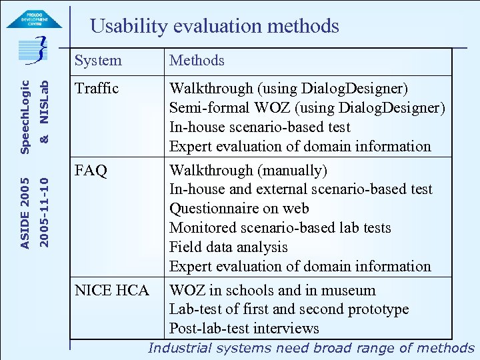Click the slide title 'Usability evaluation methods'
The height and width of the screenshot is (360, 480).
pos(215,27)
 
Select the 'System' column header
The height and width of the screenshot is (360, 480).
pos(98,61)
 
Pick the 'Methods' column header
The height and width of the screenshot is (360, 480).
pos(197,61)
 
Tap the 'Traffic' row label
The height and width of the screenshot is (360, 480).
pos(97,89)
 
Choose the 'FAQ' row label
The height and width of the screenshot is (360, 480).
pos(91,171)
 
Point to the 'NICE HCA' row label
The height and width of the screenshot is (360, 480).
pos(112,291)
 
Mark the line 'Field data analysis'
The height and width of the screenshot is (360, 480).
pos(229,247)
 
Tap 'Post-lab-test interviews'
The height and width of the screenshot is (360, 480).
pos(244,329)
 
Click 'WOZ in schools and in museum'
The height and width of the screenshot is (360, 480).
pos(273,291)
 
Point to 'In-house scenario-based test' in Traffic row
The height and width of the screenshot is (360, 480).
pos(260,127)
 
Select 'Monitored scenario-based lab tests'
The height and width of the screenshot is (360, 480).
pos(280,228)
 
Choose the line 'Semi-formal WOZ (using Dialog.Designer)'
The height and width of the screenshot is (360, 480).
pos(307,108)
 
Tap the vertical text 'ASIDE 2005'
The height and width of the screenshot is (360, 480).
pos(25,213)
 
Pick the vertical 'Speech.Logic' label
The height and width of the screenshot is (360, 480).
pos(25,117)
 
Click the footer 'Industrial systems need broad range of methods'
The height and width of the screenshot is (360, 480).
pos(311,348)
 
